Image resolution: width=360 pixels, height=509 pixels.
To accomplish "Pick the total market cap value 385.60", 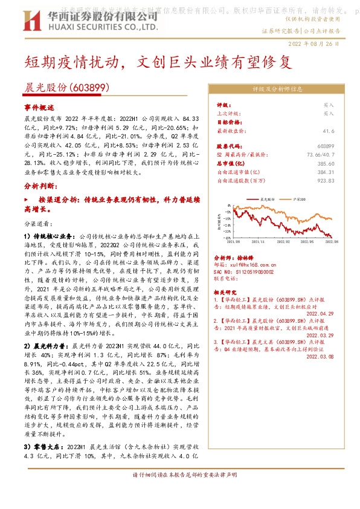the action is (326, 163).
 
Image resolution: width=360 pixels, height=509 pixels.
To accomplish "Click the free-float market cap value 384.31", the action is (326, 172).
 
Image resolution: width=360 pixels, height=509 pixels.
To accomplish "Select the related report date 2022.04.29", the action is (320, 314).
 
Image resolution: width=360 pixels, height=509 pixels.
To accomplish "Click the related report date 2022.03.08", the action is (320, 357).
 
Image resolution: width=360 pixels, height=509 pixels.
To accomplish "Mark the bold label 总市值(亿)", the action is (229, 163).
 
